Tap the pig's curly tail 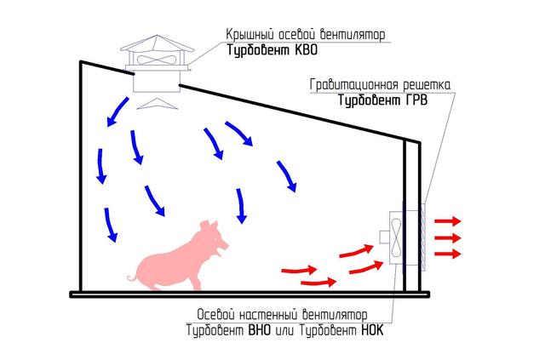pyautogui.click(x=131, y=277)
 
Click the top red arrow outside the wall pyautogui.click(x=447, y=220)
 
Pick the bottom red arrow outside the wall pyautogui.click(x=447, y=254)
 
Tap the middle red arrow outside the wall pyautogui.click(x=447, y=237)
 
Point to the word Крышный pyautogui.click(x=248, y=35)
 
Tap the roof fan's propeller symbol pyautogui.click(x=156, y=61)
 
